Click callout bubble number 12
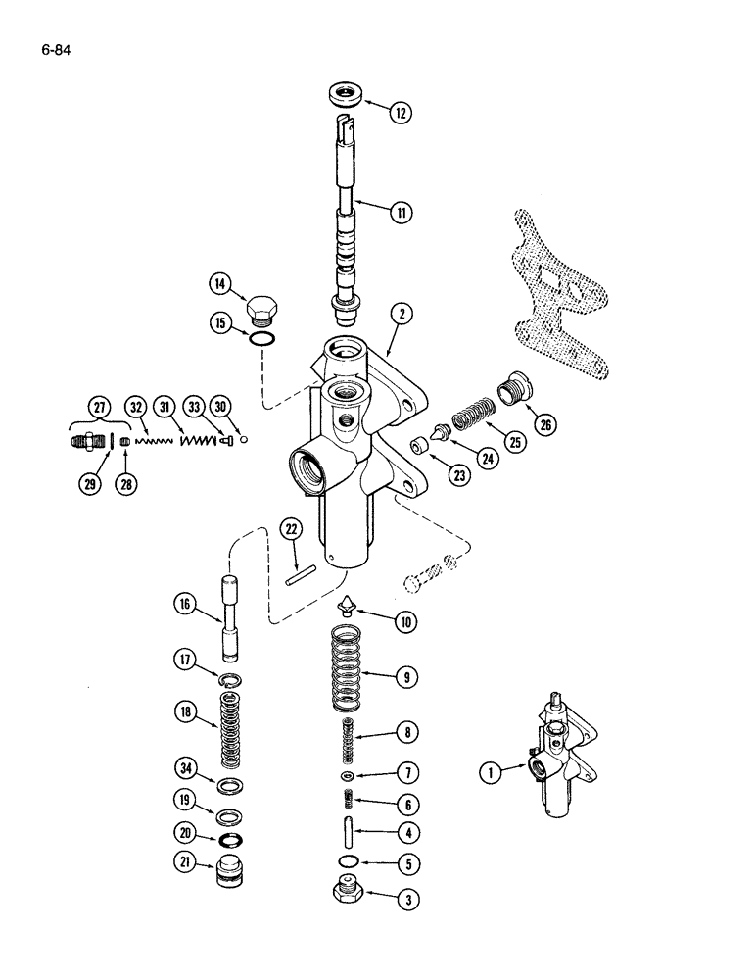[x=400, y=113]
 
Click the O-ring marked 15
[x=260, y=339]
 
